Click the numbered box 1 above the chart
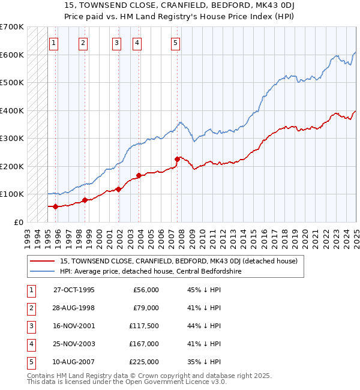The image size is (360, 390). (x=54, y=43)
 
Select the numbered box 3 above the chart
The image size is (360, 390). (x=116, y=43)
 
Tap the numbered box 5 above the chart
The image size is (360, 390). (x=175, y=43)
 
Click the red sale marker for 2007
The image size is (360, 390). (x=178, y=159)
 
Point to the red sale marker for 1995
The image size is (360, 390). (x=56, y=206)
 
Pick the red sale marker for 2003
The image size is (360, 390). (x=139, y=175)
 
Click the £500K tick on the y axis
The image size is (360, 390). (x=11, y=82)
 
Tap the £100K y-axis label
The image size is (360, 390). (x=11, y=194)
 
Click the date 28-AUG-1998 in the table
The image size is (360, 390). (x=74, y=308)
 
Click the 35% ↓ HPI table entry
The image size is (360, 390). (x=204, y=362)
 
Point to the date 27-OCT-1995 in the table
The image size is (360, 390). (x=74, y=290)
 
